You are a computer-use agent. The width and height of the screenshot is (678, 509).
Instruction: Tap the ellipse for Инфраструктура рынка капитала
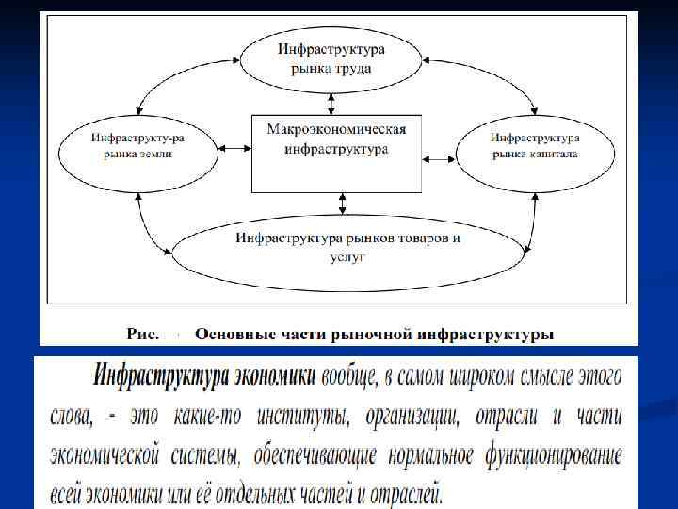click(534, 147)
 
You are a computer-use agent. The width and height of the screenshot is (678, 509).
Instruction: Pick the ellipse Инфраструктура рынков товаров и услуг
click(347, 246)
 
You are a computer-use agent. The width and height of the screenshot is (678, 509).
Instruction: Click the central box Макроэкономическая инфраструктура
click(335, 151)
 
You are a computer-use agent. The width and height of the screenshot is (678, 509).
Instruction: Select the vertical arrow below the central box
click(343, 201)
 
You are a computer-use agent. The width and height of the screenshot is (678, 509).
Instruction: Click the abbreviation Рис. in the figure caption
click(144, 334)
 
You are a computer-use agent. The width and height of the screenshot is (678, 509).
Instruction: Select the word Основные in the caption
click(232, 334)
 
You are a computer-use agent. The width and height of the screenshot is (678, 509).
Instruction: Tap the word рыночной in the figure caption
click(366, 334)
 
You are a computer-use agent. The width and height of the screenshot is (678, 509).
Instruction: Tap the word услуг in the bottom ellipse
click(347, 255)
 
